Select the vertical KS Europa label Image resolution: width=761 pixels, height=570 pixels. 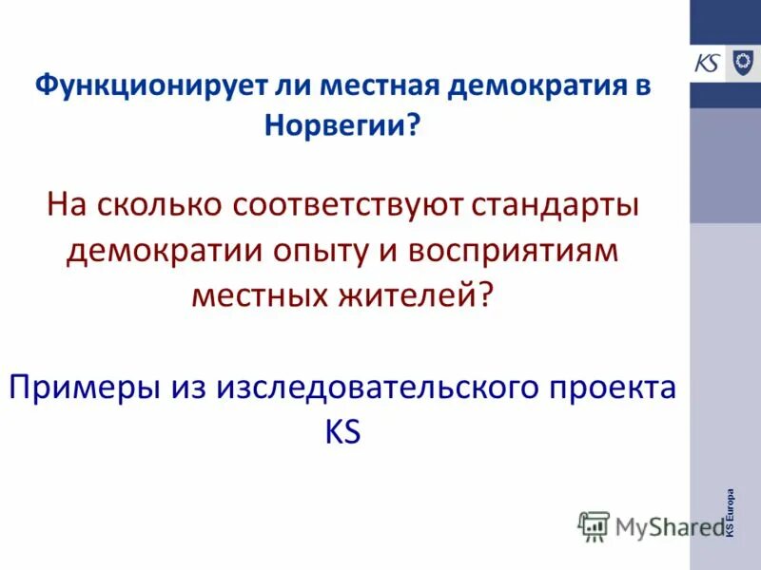[x=730, y=513]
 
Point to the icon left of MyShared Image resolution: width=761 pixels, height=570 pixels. [x=594, y=525]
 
